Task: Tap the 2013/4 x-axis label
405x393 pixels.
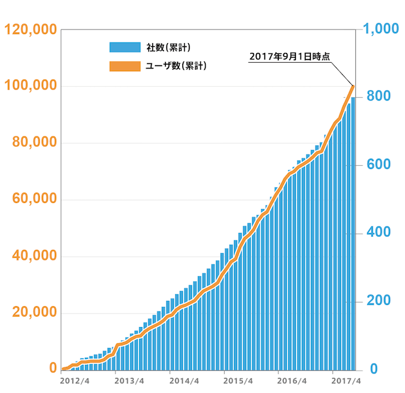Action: (129, 381)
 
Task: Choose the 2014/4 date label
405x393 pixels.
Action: (184, 381)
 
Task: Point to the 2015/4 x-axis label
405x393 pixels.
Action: (238, 381)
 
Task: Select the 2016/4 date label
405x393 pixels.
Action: (292, 381)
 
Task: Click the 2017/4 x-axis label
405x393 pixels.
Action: (346, 381)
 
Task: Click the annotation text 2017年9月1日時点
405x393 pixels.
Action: (289, 57)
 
